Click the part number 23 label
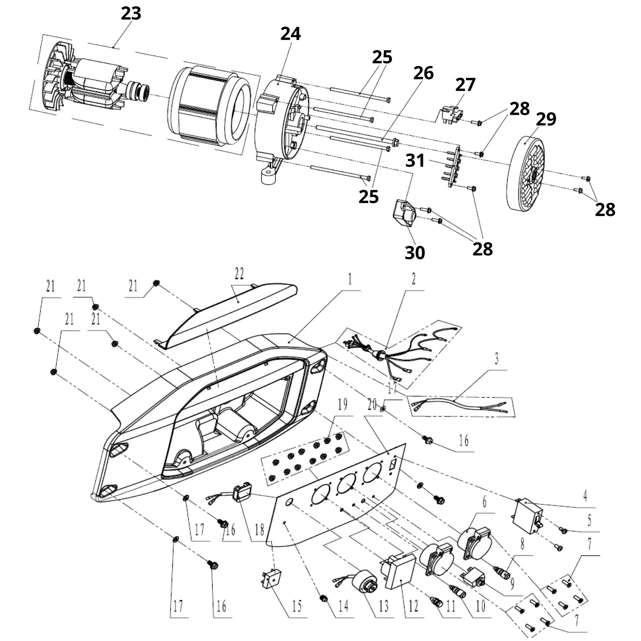131,13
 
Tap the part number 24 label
290,34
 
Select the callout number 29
546,119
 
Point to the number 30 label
415,253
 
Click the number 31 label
415,161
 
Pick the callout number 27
465,85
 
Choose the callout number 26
423,73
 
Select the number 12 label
413,607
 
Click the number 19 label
342,405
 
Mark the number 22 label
239,274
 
